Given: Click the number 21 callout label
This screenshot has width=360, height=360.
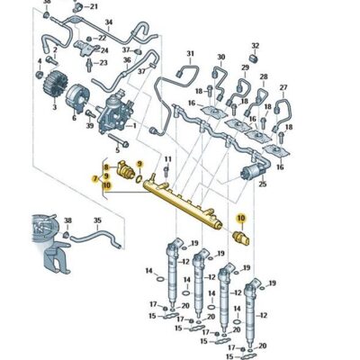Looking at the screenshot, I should pyautogui.click(x=119, y=6).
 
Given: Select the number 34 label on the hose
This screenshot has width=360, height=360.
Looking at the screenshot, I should pyautogui.click(x=110, y=21).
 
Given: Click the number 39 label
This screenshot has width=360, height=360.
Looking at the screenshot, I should pyautogui.click(x=90, y=124).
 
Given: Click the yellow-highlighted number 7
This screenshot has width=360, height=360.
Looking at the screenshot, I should pyautogui.click(x=94, y=180).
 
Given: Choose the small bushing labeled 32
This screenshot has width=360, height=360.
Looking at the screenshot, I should pyautogui.click(x=254, y=59).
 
